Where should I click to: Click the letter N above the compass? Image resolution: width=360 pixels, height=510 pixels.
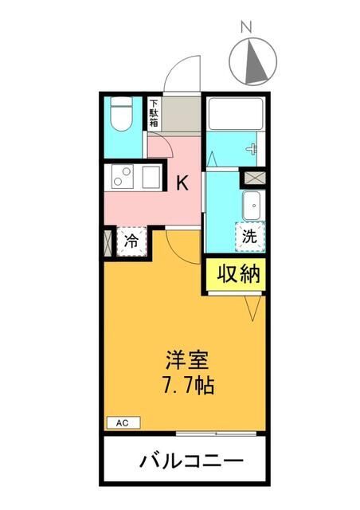[x=246, y=26]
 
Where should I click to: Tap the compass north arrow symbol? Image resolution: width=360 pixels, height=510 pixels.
[x=253, y=61]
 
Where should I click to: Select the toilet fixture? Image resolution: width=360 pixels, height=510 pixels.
[x=121, y=114]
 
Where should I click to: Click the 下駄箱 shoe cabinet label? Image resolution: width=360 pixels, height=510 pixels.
[x=154, y=113]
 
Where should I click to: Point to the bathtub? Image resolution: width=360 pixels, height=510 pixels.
[x=236, y=114]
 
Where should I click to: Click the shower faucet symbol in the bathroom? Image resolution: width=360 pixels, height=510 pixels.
[x=252, y=149]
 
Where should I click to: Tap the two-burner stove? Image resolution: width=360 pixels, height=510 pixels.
[x=123, y=177]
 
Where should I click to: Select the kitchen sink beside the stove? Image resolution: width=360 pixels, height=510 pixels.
[x=151, y=177]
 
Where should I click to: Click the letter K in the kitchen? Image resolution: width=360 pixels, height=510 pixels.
[x=182, y=183]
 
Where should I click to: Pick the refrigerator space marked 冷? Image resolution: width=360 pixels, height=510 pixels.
[x=131, y=241]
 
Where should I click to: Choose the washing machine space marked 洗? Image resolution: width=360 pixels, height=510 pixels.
[x=250, y=237]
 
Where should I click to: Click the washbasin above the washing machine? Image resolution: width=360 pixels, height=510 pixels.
[x=252, y=206]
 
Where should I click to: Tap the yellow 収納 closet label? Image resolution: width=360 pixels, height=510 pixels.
[x=238, y=274]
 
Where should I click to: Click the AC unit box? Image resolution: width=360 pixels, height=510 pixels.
[x=123, y=423]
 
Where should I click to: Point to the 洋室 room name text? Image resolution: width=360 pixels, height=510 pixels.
[x=187, y=359]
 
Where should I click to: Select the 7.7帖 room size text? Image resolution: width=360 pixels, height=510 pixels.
[x=189, y=386]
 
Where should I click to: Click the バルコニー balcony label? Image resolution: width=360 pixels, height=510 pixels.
[x=191, y=461]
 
